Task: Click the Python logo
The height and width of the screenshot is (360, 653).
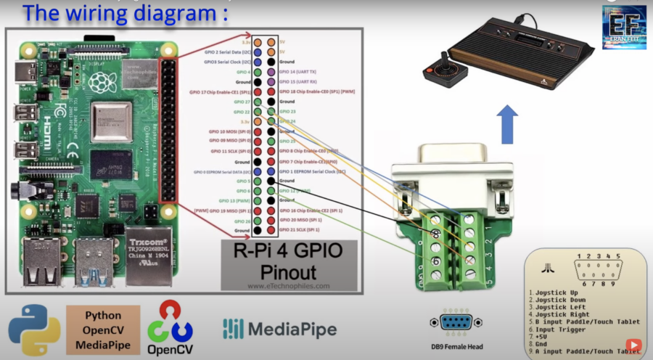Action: click(x=34, y=331)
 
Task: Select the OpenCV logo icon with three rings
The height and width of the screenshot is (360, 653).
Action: click(x=170, y=324)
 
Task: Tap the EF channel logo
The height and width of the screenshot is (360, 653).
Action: click(x=623, y=28)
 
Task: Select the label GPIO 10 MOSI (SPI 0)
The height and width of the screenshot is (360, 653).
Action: click(x=226, y=131)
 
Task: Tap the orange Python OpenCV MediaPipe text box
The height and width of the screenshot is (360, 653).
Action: click(x=103, y=330)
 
